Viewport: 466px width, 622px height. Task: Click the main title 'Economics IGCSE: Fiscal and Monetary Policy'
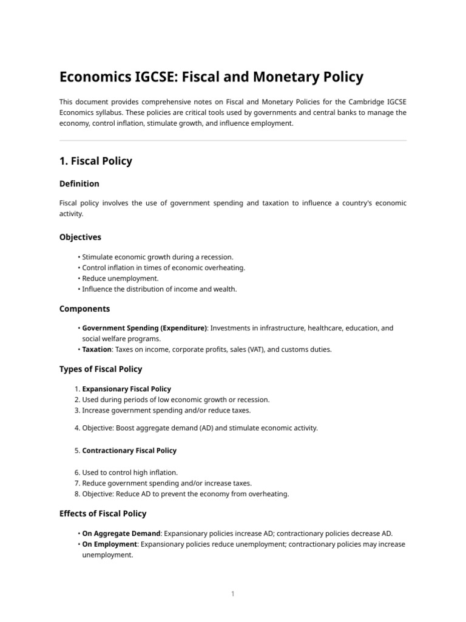pyautogui.click(x=211, y=77)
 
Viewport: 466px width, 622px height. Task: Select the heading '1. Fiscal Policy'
pyautogui.click(x=95, y=161)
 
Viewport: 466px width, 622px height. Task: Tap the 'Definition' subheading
pyautogui.click(x=79, y=183)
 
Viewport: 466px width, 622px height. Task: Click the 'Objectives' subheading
pyautogui.click(x=80, y=237)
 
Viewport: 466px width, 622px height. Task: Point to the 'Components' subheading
pyautogui.click(x=84, y=309)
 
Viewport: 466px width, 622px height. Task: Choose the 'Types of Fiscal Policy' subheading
pyautogui.click(x=101, y=369)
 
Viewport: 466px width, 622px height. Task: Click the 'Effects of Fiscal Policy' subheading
pyautogui.click(x=103, y=513)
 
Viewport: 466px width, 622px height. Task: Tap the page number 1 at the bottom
pyautogui.click(x=232, y=594)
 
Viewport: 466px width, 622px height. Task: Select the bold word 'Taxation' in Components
pyautogui.click(x=97, y=349)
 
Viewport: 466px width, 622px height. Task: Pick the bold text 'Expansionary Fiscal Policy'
pyautogui.click(x=126, y=389)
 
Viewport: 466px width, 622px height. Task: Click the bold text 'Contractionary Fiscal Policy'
pyautogui.click(x=129, y=451)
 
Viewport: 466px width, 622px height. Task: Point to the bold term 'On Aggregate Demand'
pyautogui.click(x=121, y=533)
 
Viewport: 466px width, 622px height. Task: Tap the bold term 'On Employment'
pyautogui.click(x=109, y=544)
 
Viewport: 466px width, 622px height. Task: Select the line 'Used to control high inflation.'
pyautogui.click(x=130, y=472)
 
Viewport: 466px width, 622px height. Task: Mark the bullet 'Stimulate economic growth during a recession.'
pyautogui.click(x=157, y=257)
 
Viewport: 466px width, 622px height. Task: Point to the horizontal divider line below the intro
pyautogui.click(x=232, y=141)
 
